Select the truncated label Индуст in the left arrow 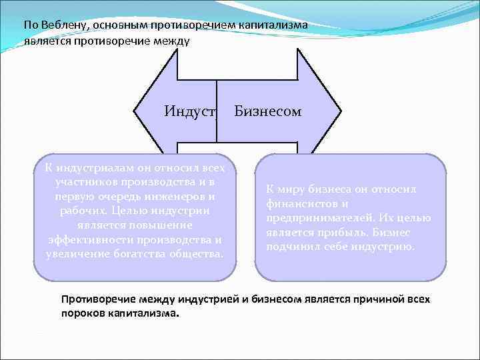pyautogui.click(x=191, y=111)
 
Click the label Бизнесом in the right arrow pyautogui.click(x=268, y=111)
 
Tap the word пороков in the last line pyautogui.click(x=82, y=313)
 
